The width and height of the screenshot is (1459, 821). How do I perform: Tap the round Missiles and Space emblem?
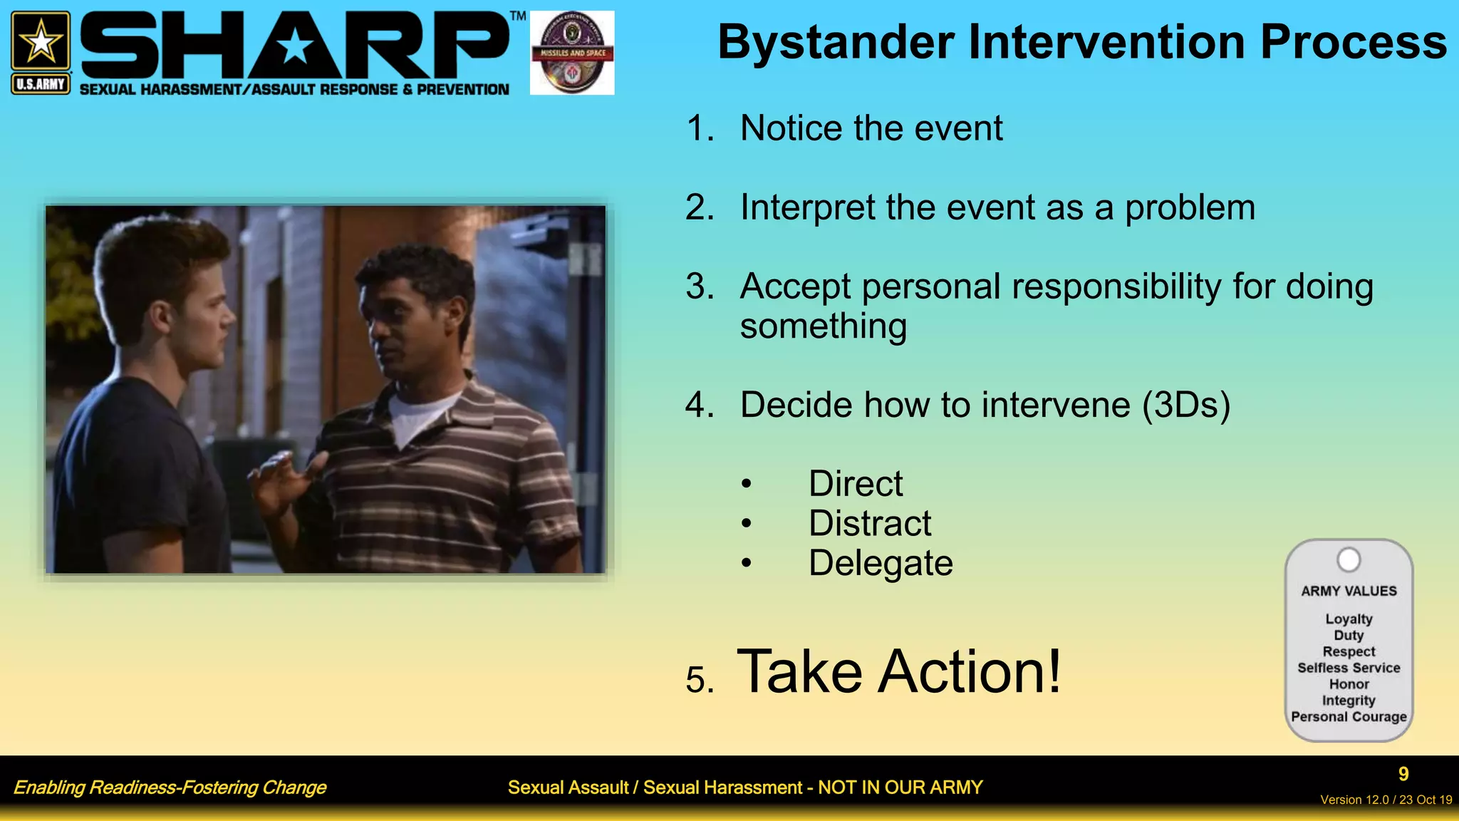click(x=572, y=53)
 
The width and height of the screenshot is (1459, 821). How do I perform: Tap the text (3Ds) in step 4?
click(x=1185, y=406)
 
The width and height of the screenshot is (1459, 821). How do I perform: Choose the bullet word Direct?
click(x=855, y=484)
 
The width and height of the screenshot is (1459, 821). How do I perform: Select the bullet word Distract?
click(x=869, y=524)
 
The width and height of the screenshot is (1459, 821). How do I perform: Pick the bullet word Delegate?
click(x=880, y=564)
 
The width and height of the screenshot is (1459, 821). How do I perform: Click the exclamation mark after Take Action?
click(x=1052, y=671)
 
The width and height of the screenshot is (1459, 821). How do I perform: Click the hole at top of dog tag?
click(x=1348, y=560)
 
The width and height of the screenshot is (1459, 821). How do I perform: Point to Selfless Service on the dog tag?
click(x=1348, y=668)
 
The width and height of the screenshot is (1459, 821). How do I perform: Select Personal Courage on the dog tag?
click(x=1348, y=717)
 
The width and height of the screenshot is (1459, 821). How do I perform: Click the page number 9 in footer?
click(x=1403, y=774)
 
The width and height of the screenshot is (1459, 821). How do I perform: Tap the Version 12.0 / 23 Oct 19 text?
click(x=1386, y=800)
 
